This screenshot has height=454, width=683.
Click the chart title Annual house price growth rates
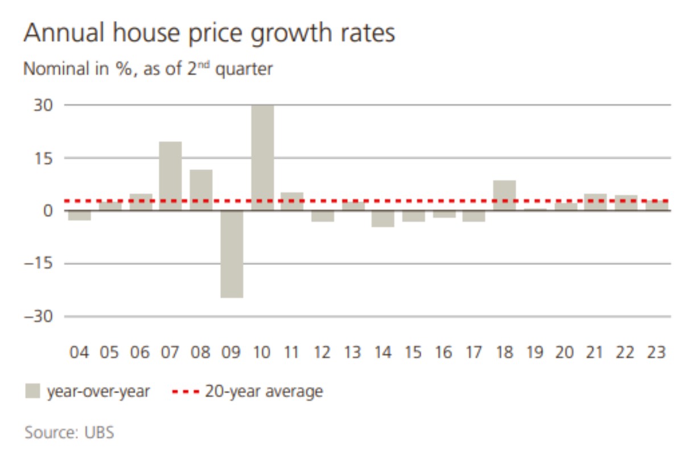[209, 34]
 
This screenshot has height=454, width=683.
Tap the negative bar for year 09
[232, 254]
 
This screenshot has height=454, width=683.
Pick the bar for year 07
[170, 176]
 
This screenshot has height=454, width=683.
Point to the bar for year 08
[201, 190]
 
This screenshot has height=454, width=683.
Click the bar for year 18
[504, 195]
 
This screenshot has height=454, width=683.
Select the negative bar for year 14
[383, 219]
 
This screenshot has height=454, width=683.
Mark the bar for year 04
[79, 216]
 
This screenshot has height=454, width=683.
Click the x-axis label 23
[656, 353]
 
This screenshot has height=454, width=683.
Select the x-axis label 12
[322, 353]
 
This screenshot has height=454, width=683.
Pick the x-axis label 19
[534, 353]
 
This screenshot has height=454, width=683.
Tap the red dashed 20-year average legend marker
[186, 391]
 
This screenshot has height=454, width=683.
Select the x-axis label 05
[109, 353]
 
